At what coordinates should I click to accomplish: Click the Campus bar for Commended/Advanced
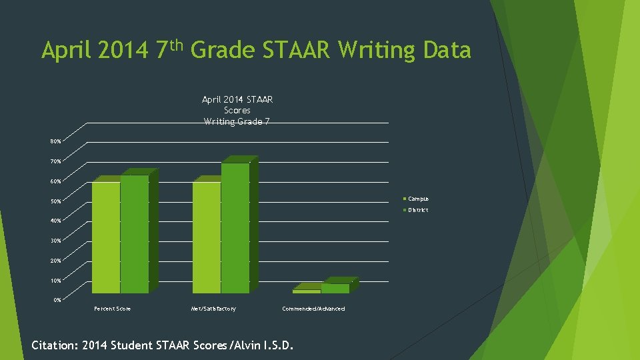coord(307,291)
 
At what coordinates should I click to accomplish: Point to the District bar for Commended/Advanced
coord(335,288)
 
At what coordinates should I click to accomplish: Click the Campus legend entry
coord(418,199)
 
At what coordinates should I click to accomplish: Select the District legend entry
coord(418,210)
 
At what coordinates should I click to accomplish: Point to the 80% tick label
coord(55,141)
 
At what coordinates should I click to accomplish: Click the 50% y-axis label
coord(55,201)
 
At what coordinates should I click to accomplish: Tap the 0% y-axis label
coord(57,300)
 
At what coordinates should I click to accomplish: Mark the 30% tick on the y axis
coord(55,241)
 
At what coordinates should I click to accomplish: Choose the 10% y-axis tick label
coord(55,281)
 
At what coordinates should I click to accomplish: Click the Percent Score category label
coord(113,309)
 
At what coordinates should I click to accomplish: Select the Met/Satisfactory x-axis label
coord(213,309)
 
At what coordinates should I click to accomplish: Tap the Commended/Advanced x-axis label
coord(313,309)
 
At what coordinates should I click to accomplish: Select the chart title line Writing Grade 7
coord(237,121)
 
